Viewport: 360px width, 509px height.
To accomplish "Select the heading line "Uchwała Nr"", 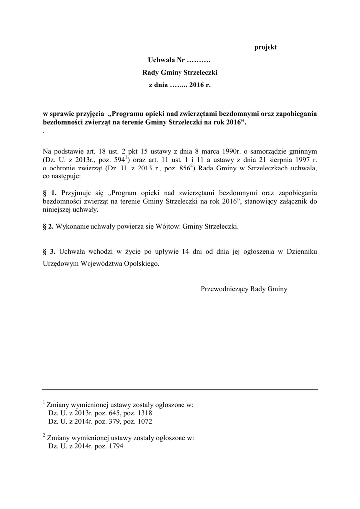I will click(x=180, y=60).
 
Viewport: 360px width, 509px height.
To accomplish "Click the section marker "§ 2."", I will click(x=50, y=227).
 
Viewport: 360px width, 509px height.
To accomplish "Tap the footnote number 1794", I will click(x=115, y=446).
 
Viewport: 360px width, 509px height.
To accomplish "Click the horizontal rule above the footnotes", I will click(x=180, y=389).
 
